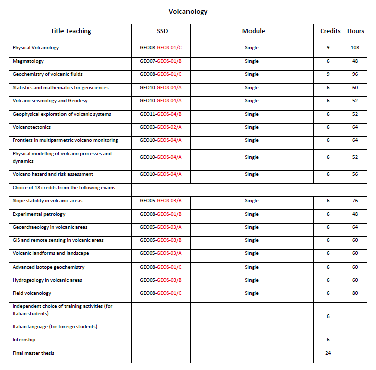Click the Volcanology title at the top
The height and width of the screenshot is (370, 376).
[187, 12]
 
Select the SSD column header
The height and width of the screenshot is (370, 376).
[160, 31]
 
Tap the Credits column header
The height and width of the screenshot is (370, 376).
[330, 31]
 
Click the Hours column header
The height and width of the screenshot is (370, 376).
[355, 31]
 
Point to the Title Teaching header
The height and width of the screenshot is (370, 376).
[70, 31]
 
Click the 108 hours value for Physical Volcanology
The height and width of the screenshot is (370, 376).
[355, 48]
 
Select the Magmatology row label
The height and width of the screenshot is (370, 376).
[28, 61]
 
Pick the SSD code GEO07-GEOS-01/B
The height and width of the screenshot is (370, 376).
[160, 61]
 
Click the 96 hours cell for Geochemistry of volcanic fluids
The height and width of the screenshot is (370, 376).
[355, 74]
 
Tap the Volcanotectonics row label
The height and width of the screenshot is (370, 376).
[32, 127]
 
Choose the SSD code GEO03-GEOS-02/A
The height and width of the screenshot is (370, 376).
[160, 127]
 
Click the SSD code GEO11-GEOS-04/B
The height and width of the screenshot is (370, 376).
[160, 114]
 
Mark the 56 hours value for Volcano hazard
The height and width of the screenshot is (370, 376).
[355, 174]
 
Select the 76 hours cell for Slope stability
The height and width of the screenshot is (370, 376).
[355, 201]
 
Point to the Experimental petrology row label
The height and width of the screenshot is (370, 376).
[39, 214]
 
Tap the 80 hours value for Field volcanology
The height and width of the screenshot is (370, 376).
[355, 293]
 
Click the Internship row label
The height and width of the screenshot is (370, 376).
[24, 340]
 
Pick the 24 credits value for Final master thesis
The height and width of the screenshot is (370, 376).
[328, 353]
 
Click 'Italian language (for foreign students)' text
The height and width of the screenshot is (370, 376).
[55, 327]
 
